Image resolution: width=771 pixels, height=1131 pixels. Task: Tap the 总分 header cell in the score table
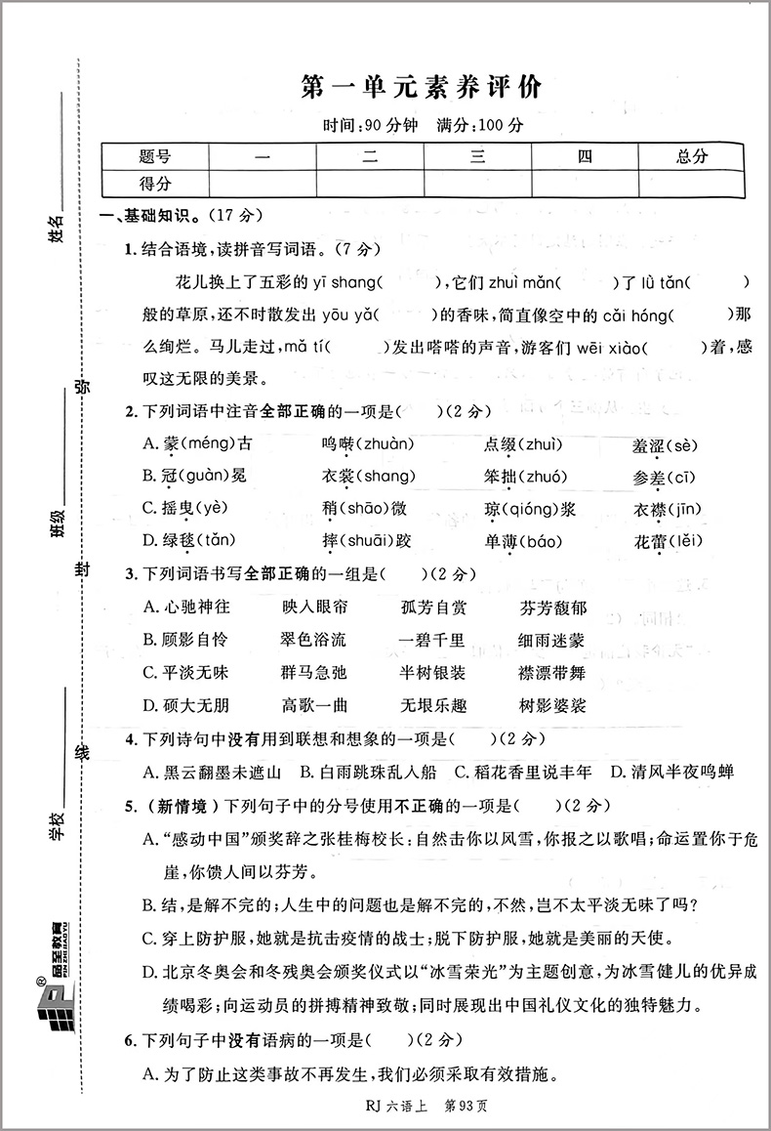click(691, 156)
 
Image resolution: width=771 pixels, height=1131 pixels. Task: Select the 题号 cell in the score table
click(155, 156)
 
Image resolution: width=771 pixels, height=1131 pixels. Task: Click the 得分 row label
click(155, 183)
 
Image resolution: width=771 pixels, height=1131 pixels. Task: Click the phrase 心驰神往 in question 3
click(186, 607)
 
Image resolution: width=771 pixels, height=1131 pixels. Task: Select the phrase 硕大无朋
click(186, 705)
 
